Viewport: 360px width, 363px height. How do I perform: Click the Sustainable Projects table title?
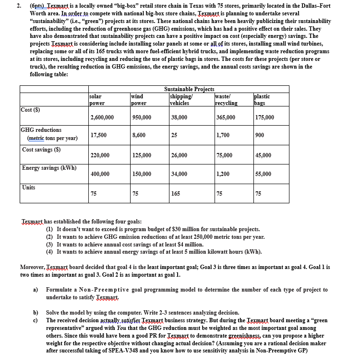click(x=189, y=89)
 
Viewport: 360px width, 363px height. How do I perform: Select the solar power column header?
click(x=97, y=100)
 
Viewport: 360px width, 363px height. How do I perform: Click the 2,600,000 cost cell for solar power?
click(x=102, y=117)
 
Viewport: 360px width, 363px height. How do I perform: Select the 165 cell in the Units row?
click(x=175, y=194)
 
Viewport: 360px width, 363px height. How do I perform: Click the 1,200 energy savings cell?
click(x=222, y=174)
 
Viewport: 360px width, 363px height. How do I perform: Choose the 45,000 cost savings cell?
click(x=263, y=155)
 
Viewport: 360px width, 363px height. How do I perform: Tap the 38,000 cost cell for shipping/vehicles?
click(x=179, y=117)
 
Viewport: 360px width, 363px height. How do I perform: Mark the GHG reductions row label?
click(x=42, y=130)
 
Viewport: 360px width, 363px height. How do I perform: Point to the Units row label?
click(x=29, y=187)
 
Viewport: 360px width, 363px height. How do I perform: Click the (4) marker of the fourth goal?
click(x=49, y=251)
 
